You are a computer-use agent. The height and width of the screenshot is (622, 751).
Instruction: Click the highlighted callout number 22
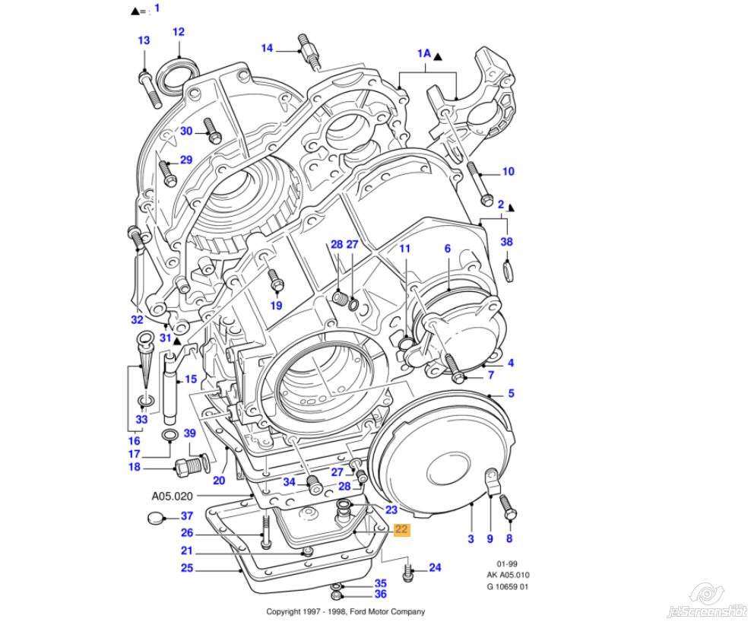401,530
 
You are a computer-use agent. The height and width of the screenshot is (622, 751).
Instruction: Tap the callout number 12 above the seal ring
179,32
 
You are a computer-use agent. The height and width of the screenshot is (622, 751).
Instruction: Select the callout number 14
267,48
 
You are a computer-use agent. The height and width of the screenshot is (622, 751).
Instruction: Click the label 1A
423,54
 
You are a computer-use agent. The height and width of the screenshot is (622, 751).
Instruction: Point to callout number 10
509,172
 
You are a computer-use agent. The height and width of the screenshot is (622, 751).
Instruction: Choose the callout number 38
507,242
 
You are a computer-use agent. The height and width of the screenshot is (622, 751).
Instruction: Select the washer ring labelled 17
172,435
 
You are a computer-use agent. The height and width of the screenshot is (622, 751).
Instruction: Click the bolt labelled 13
147,84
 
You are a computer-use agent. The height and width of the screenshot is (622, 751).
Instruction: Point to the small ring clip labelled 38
508,271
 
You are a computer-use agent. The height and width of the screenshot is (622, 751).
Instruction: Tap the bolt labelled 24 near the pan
408,570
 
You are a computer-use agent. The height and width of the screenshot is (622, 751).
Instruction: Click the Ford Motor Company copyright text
345,611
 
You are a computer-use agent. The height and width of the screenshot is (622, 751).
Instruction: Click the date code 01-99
508,563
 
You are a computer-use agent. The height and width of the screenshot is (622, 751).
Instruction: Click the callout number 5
512,393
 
